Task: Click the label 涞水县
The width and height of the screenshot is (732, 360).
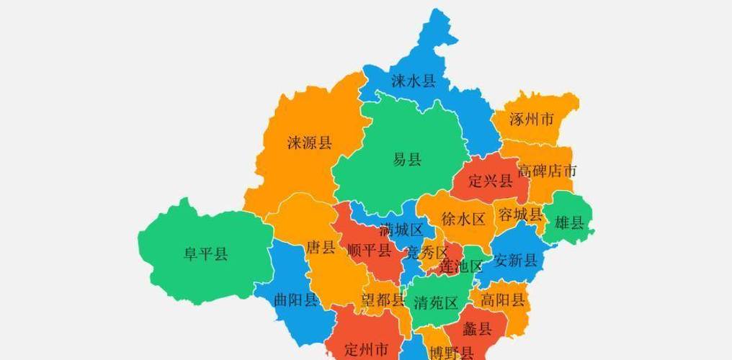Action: pos(414,81)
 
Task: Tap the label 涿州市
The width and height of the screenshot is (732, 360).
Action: pos(531,119)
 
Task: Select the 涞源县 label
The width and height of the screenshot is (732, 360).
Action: pos(309,143)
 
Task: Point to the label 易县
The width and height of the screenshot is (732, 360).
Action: pos(407,160)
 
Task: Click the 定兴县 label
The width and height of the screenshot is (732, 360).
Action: pos(490,180)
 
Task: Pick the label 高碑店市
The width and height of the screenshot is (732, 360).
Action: pos(547,171)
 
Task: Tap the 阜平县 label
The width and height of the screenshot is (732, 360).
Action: pos(205,253)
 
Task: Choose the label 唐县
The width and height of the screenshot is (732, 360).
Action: pos(321,248)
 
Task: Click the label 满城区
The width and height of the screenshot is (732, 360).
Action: pos(401,230)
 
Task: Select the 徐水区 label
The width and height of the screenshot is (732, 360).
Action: pos(463,219)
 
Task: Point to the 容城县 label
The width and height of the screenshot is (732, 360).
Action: pos(519,215)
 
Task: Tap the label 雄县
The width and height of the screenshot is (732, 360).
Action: pos(569,222)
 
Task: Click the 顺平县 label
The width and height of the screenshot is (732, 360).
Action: pos(369,251)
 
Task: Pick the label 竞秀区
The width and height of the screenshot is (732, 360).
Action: pos(427,252)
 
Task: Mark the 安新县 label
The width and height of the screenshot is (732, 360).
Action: pos(515,260)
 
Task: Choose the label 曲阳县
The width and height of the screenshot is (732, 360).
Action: pos(295,300)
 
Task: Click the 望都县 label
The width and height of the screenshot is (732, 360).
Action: pos(383,300)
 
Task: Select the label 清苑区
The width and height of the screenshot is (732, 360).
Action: pos(436,302)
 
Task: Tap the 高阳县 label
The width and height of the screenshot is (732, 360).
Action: pos(503,300)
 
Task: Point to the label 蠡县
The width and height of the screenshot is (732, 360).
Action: pos(477,330)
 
